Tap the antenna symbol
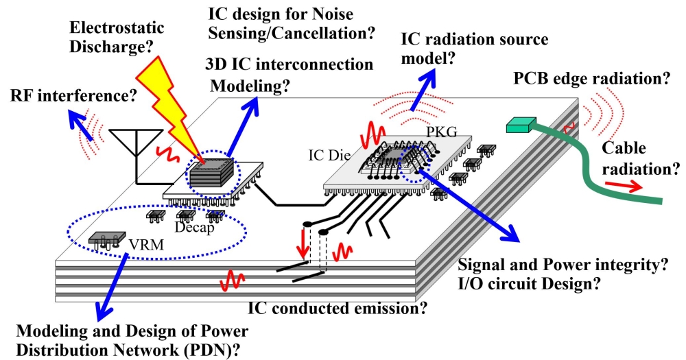click(x=134, y=147)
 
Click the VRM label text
click(x=141, y=243)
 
